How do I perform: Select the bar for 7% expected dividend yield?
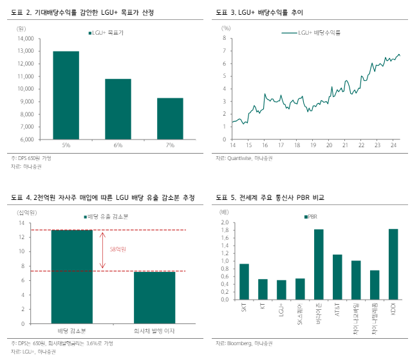(171, 118)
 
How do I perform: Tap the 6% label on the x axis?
(118, 147)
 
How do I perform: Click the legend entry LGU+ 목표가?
(105, 32)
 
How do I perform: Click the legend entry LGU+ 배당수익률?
(310, 32)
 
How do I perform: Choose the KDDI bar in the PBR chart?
(393, 264)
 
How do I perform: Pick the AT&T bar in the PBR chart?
(337, 277)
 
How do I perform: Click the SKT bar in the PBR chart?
(244, 282)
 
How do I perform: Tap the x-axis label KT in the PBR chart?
(263, 309)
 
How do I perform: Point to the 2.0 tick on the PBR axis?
(225, 222)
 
